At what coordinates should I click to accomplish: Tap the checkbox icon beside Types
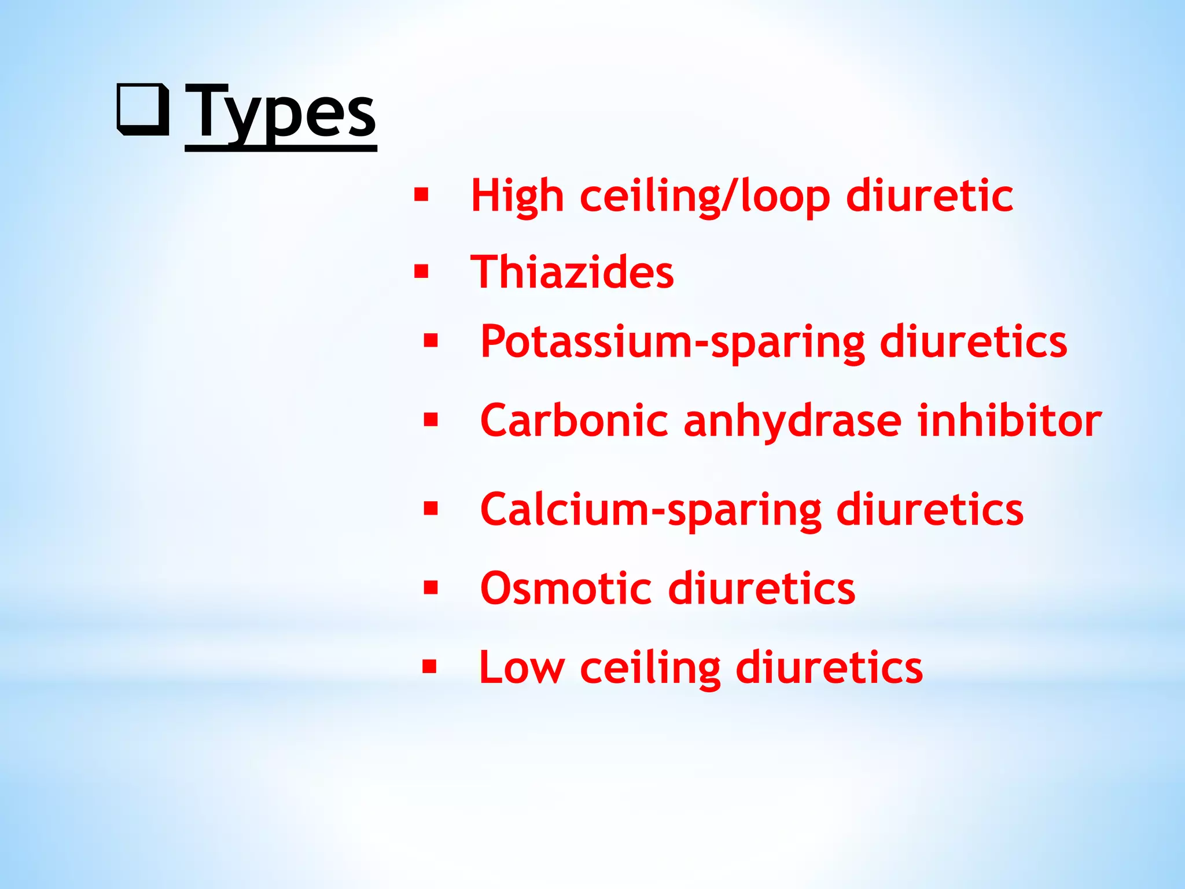[x=143, y=109]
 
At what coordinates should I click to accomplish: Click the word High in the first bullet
[x=517, y=196]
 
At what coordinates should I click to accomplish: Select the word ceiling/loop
[x=705, y=196]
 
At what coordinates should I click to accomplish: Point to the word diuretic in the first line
[x=929, y=196]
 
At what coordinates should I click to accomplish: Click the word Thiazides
[x=572, y=272]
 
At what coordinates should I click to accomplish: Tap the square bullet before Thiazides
[x=421, y=271]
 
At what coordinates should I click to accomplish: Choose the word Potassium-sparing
[x=672, y=342]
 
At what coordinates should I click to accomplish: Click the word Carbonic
[x=574, y=421]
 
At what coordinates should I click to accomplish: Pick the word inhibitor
[x=1009, y=421]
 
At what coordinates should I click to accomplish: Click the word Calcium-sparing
[x=650, y=510]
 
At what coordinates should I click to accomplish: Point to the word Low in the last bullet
[x=522, y=668]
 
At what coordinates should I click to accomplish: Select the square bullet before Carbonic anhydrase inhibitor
[x=430, y=419]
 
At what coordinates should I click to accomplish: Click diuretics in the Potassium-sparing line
[x=973, y=342]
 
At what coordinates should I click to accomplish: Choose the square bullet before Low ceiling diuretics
[x=429, y=667]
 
